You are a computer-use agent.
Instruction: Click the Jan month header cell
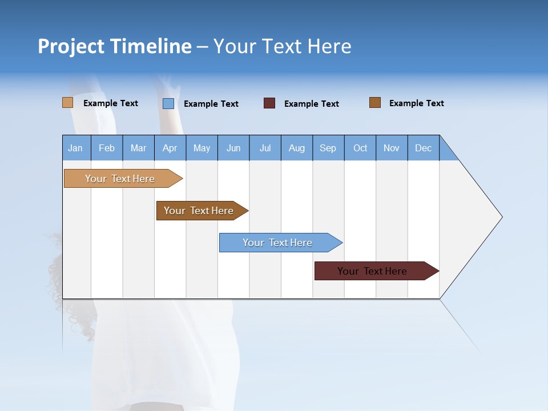(76, 148)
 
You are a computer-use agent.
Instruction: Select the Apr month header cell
(170, 148)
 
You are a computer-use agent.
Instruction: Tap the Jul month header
(265, 148)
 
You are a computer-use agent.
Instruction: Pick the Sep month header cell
(328, 148)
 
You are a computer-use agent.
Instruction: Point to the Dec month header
(423, 148)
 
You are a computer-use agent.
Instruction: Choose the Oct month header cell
(360, 148)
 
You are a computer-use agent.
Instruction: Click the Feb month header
(107, 148)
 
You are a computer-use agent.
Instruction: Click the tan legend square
(67, 103)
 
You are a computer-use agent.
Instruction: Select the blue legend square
(168, 103)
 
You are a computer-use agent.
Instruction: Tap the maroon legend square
(269, 103)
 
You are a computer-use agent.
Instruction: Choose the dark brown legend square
(374, 103)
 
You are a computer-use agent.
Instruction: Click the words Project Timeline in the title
(114, 46)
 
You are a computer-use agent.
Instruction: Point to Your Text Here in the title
(283, 46)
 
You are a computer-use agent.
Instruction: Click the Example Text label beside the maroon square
(312, 104)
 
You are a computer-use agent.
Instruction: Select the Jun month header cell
(233, 148)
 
